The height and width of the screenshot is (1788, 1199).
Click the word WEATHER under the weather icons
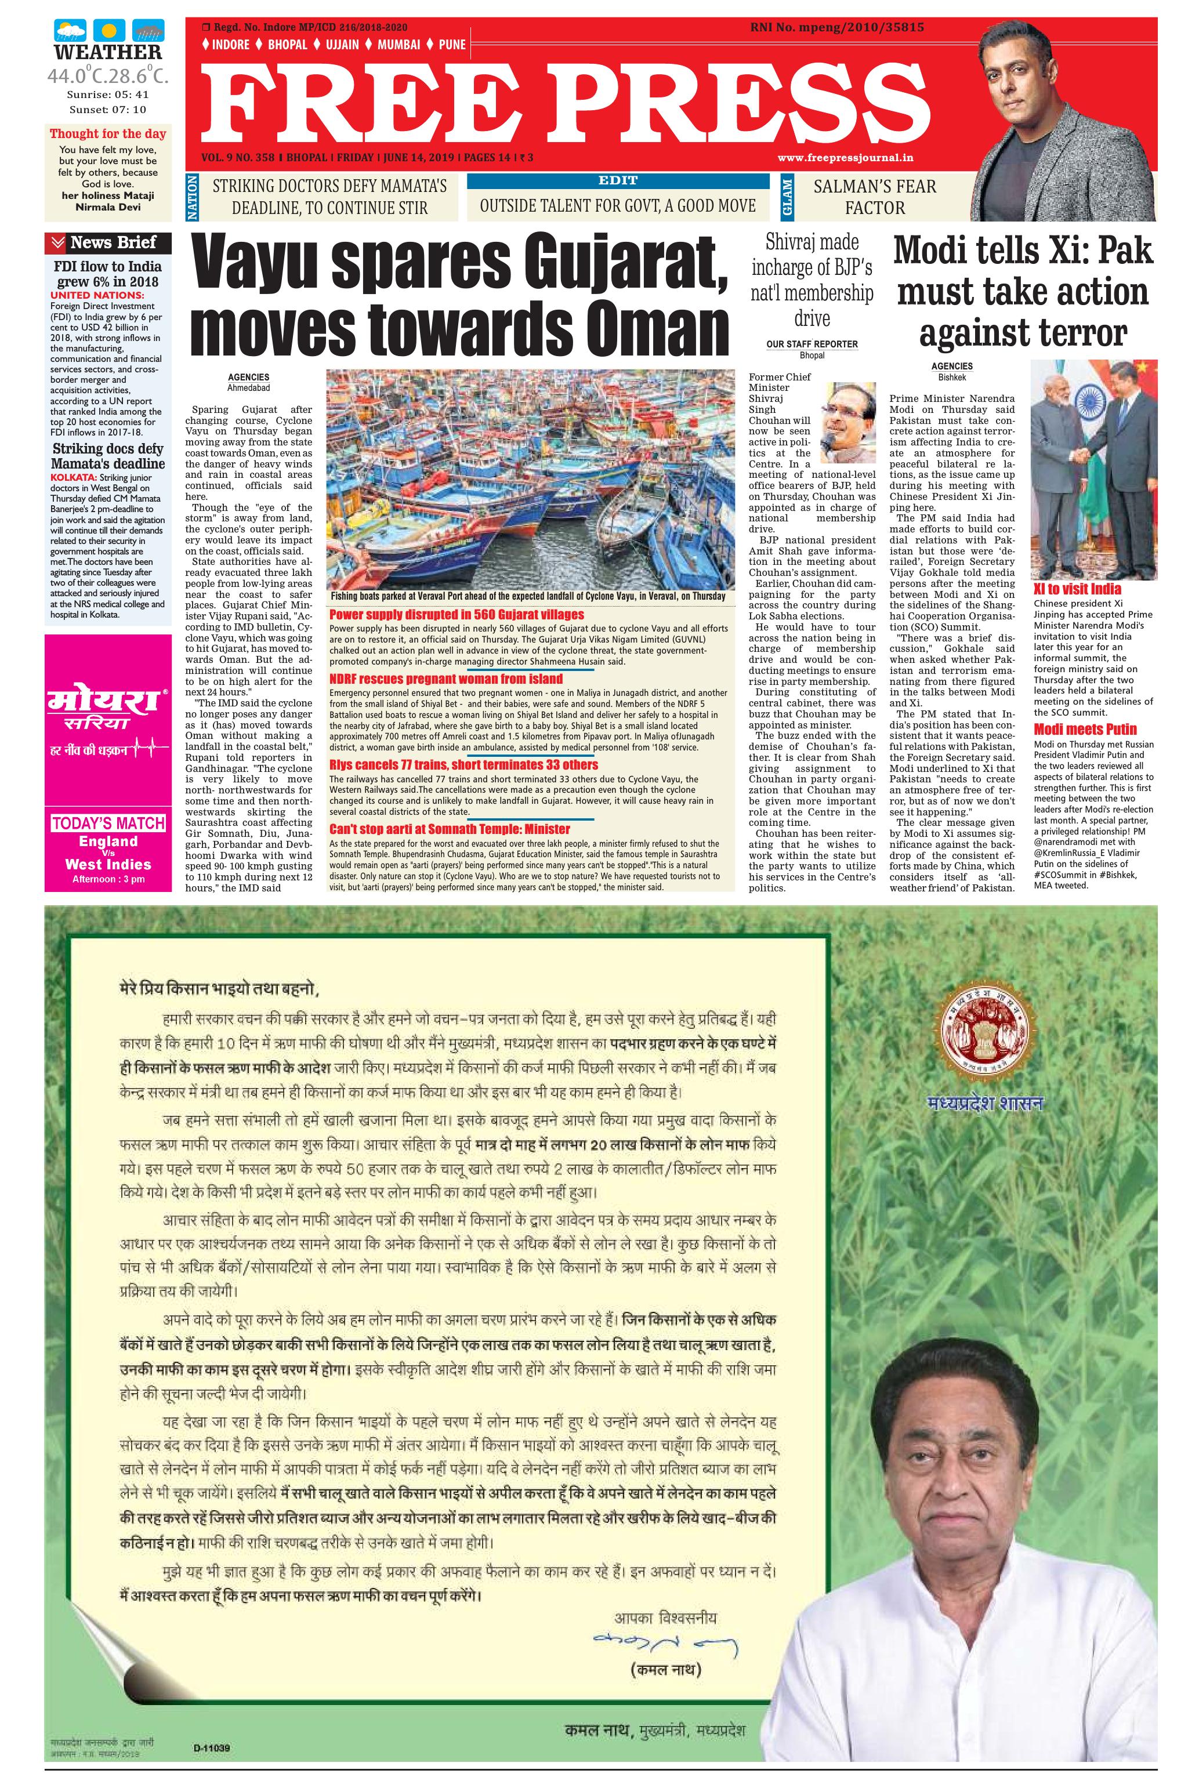(x=108, y=52)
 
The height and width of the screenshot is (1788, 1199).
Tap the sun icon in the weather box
(x=108, y=31)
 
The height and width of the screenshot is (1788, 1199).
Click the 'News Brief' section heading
(x=113, y=243)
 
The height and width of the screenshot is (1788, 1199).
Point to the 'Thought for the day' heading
(x=108, y=134)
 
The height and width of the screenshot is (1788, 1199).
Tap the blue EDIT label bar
(x=617, y=181)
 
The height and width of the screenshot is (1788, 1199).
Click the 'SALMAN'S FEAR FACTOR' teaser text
(x=874, y=197)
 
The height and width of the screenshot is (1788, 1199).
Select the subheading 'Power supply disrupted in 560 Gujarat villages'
(x=456, y=615)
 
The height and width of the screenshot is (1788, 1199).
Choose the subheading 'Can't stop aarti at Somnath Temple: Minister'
(x=449, y=829)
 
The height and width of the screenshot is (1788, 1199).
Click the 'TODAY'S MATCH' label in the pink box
(x=108, y=824)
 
